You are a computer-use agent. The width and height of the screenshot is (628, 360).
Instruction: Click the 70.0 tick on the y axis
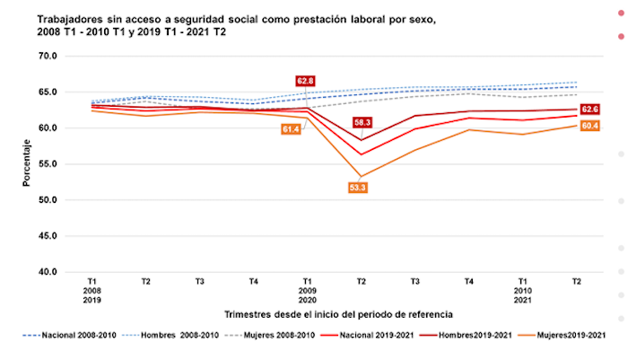(46, 56)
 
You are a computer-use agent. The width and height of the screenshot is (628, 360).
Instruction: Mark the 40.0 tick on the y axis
(46, 272)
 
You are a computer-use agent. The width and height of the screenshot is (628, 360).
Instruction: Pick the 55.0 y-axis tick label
(46, 164)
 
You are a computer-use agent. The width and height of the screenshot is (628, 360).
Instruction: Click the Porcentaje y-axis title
(28, 162)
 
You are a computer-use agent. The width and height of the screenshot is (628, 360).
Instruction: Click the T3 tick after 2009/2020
(415, 281)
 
